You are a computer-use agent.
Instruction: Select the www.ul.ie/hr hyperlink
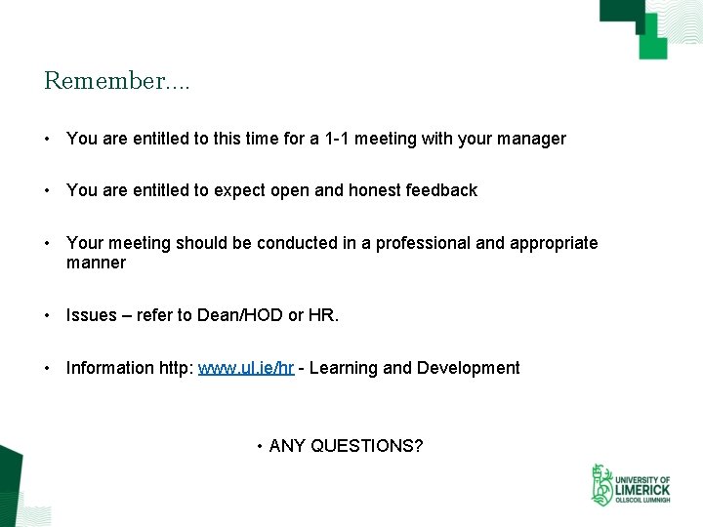pos(246,368)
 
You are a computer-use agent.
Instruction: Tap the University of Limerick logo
pos(630,485)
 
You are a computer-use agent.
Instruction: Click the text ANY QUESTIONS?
pos(346,446)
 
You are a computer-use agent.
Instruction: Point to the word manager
pos(532,139)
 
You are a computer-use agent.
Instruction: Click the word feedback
pos(440,190)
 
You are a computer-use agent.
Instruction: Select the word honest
pos(369,190)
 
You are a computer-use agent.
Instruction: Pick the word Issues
pos(91,315)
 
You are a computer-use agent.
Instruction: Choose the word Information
pos(108,368)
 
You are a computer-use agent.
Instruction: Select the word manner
pos(96,263)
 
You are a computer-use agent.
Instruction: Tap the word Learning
pos(343,368)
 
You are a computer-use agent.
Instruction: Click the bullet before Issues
pos(47,315)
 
